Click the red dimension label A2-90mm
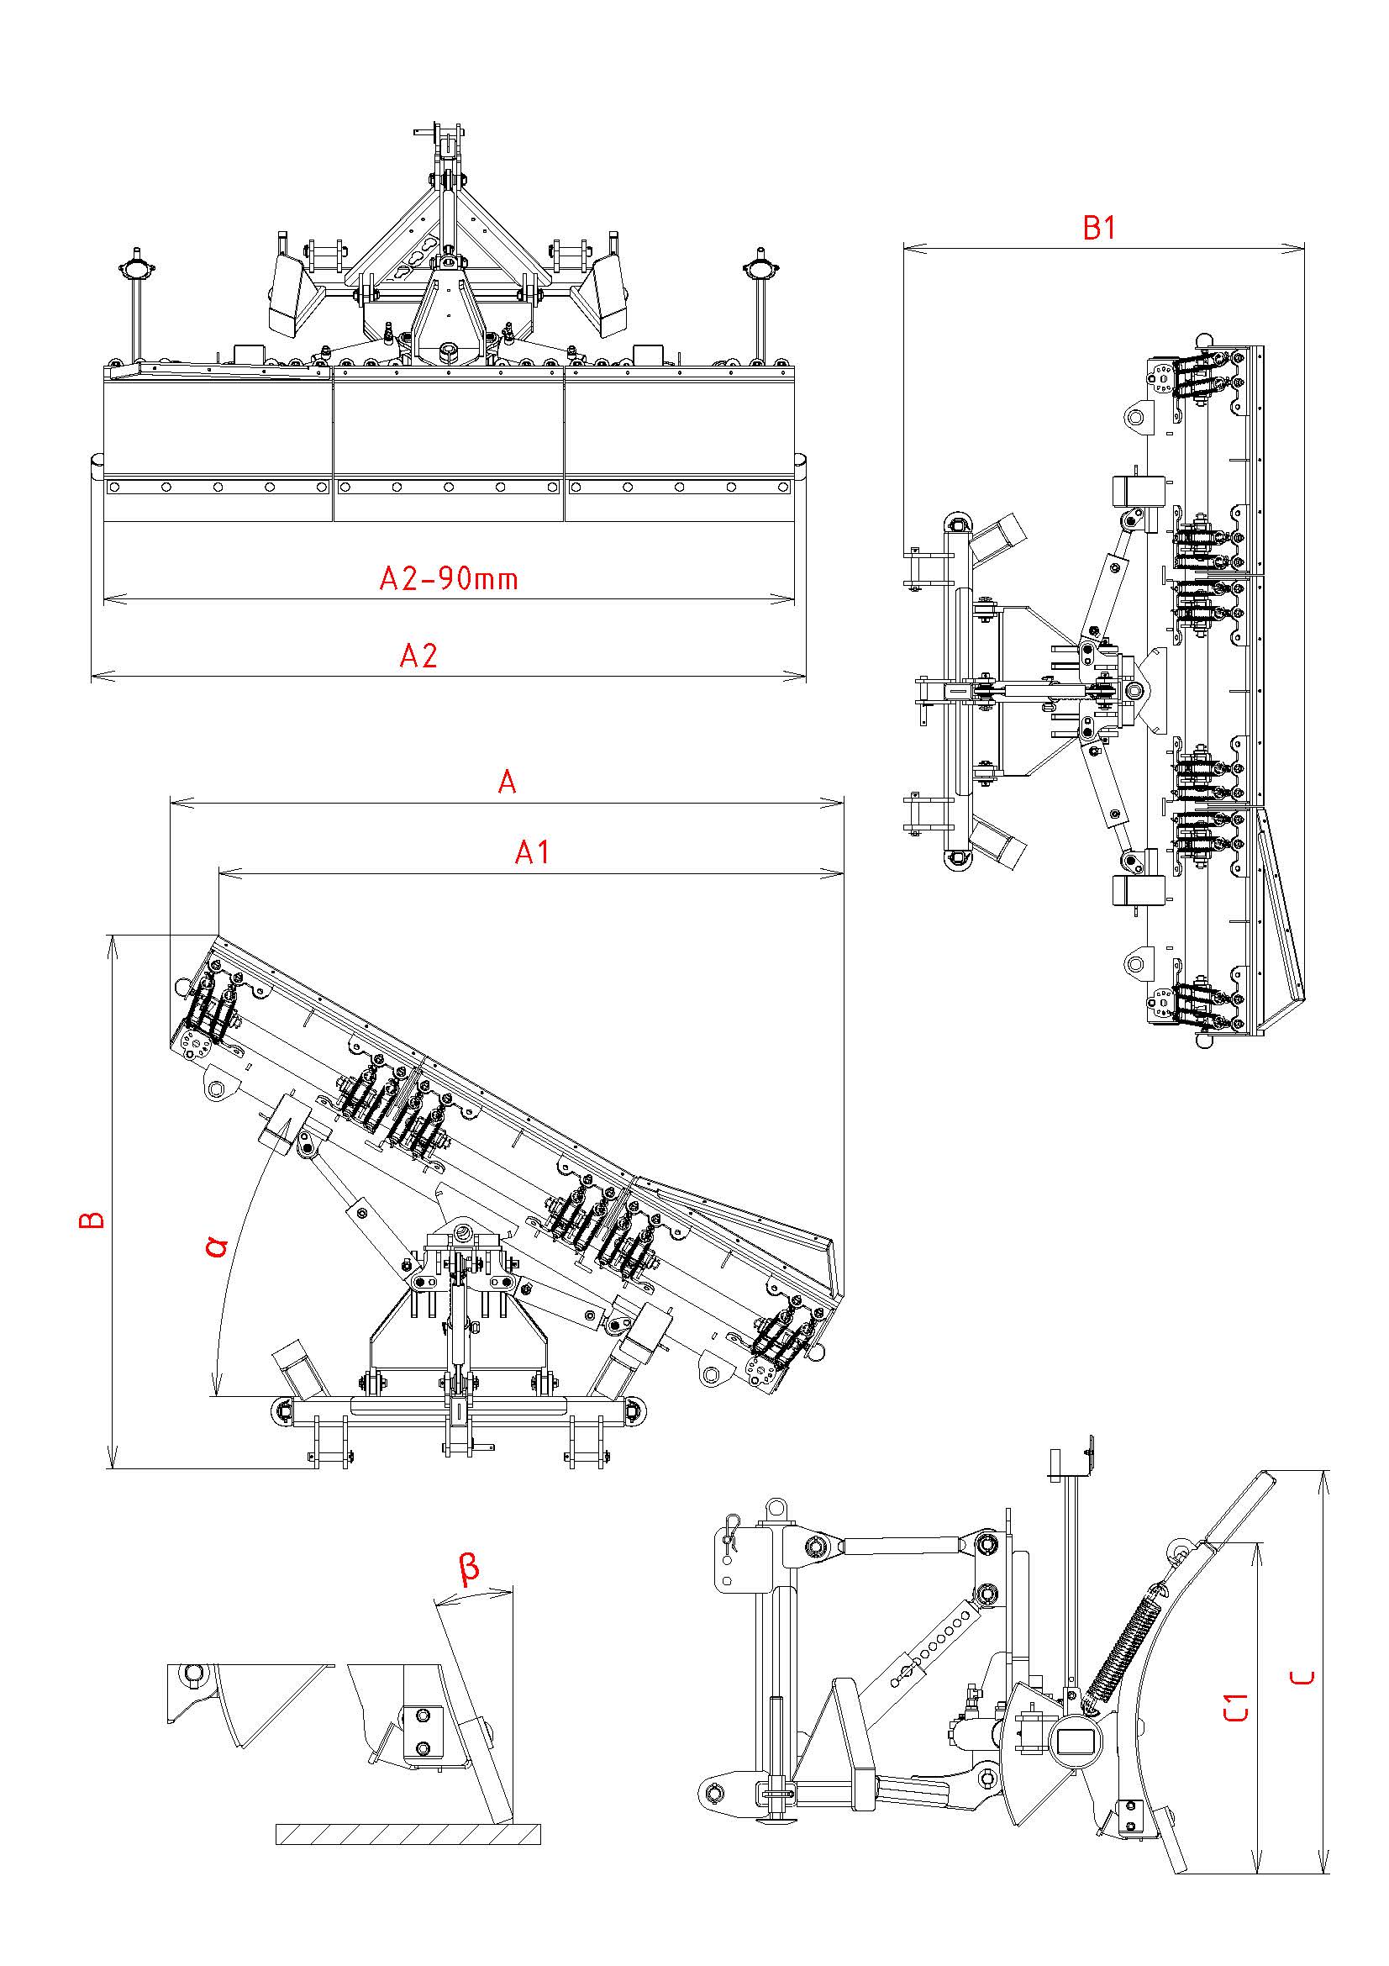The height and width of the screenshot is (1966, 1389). point(449,580)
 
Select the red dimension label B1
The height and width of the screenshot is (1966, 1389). point(1100,228)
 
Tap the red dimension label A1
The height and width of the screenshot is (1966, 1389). point(531,852)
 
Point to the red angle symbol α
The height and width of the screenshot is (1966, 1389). point(218,1245)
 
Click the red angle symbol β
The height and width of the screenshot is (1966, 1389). point(469,1568)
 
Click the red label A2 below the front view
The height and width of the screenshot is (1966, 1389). point(418,656)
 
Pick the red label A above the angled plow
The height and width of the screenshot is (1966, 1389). point(507,782)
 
